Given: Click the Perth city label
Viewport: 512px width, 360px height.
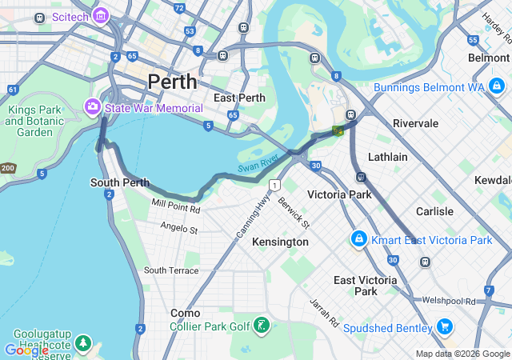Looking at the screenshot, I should coord(172,82).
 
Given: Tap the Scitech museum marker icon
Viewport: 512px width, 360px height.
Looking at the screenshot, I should coord(101,16).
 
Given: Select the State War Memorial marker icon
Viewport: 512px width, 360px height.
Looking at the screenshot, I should coord(93,106).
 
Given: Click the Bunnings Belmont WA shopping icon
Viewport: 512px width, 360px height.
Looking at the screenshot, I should coord(497,86).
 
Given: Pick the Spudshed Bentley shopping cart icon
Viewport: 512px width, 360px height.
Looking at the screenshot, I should coord(446,327).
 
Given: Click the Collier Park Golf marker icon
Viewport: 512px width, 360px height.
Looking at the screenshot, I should coord(261,326).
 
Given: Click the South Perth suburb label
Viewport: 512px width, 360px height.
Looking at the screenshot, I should coord(120,182).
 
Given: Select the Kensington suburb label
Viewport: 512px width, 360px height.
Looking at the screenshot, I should coord(280,242).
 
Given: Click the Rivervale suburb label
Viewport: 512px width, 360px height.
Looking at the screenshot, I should coord(415,123).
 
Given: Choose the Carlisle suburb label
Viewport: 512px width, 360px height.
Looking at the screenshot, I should coord(434,211).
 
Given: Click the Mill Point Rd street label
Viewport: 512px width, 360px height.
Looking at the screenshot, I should coord(176,206).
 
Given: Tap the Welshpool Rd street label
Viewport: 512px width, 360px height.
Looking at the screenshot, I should coord(449,301).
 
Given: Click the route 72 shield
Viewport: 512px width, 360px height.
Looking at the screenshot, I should coord(178,8).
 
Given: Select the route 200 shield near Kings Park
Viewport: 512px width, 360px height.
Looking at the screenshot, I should coord(7,168).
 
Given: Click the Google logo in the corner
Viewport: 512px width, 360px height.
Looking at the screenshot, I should coord(26,350).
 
